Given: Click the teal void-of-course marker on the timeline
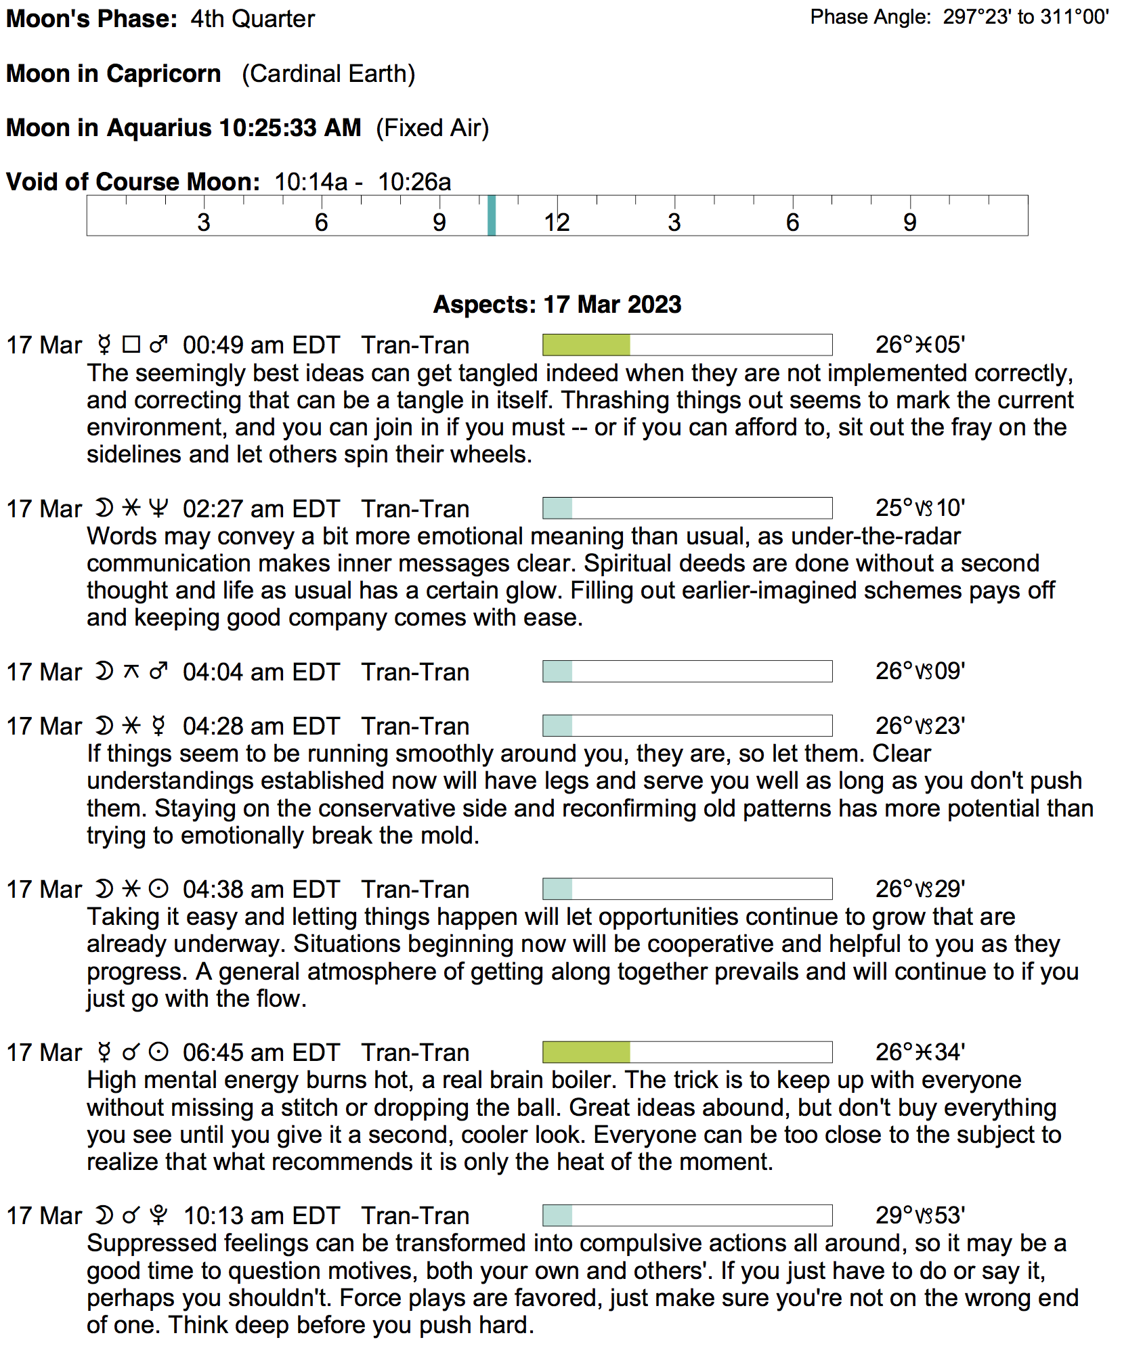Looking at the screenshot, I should click(x=492, y=215).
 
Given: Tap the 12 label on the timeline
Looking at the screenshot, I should click(x=557, y=223).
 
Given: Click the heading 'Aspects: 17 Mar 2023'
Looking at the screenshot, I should click(x=557, y=305).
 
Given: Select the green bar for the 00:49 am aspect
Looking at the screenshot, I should click(x=586, y=345).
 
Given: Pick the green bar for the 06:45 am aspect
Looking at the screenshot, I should click(x=586, y=1052).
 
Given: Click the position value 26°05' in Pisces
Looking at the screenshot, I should click(x=920, y=345).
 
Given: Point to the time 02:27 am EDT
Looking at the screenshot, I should click(x=261, y=508).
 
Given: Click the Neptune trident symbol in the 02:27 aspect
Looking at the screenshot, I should click(x=158, y=508).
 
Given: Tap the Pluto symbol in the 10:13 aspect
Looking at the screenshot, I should click(x=158, y=1215).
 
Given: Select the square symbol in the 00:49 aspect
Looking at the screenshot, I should click(x=131, y=345).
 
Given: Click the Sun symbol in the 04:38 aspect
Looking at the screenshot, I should click(x=158, y=889).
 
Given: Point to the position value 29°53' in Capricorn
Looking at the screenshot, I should click(x=920, y=1215).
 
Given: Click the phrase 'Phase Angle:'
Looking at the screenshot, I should click(x=870, y=17).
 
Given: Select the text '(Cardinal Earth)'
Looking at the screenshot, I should click(x=328, y=74).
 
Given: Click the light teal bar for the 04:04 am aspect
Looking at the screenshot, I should click(x=557, y=671).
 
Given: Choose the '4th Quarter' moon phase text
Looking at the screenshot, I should click(x=253, y=19).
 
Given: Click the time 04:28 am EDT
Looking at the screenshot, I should click(x=261, y=726).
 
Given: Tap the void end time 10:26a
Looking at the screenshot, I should click(x=414, y=182).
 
